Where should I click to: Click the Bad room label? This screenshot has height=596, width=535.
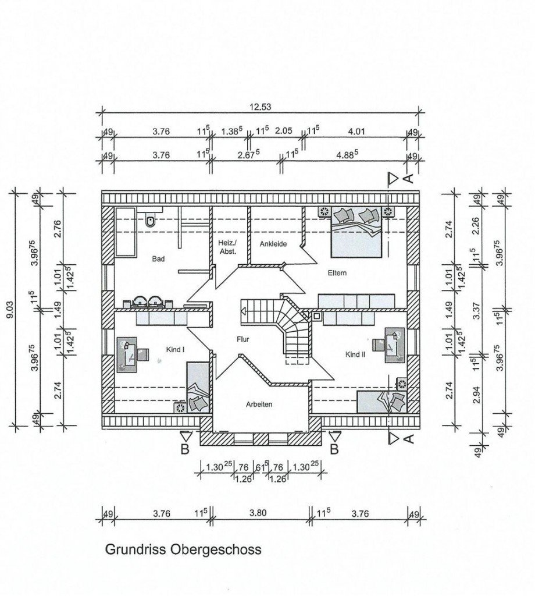(158, 259)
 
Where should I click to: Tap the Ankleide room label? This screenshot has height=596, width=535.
(273, 244)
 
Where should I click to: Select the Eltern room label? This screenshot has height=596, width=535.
(337, 273)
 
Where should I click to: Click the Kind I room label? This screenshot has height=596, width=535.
(175, 349)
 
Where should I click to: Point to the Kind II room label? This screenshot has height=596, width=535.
(355, 354)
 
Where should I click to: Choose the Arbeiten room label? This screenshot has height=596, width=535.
(259, 405)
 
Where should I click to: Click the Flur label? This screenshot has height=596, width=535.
(242, 339)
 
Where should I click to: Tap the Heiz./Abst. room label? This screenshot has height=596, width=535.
(227, 247)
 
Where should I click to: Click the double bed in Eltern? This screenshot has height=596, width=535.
(356, 232)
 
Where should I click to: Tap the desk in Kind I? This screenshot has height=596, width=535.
(127, 354)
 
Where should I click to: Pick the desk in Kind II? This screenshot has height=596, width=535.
(395, 345)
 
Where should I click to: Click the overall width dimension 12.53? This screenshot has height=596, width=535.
(260, 107)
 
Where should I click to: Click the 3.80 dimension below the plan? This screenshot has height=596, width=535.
(258, 513)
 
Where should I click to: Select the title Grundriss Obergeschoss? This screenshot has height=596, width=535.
(183, 549)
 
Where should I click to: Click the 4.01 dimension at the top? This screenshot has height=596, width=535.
(356, 132)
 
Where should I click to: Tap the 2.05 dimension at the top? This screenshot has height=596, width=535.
(283, 131)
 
